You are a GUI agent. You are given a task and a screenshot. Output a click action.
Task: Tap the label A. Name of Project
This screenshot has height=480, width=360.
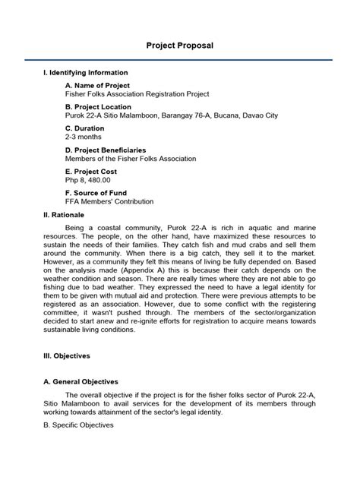[x=98, y=86]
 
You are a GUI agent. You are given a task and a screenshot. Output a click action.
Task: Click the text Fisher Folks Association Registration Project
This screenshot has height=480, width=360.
[x=137, y=94]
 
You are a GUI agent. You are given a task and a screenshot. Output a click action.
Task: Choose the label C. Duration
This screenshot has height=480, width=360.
[x=86, y=129]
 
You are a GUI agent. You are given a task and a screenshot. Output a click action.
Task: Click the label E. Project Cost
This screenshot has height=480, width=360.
[x=94, y=172]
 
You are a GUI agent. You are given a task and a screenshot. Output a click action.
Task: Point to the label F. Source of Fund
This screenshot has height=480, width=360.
[x=99, y=194]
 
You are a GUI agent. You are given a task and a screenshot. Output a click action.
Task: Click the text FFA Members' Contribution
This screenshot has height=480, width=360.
[x=109, y=202]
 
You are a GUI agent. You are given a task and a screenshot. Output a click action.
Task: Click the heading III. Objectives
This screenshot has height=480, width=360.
[x=67, y=355]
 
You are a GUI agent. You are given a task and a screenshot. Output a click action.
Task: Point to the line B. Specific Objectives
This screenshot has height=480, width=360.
[x=79, y=425]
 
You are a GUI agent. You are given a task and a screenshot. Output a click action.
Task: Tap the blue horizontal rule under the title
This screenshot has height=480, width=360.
[x=180, y=59]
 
